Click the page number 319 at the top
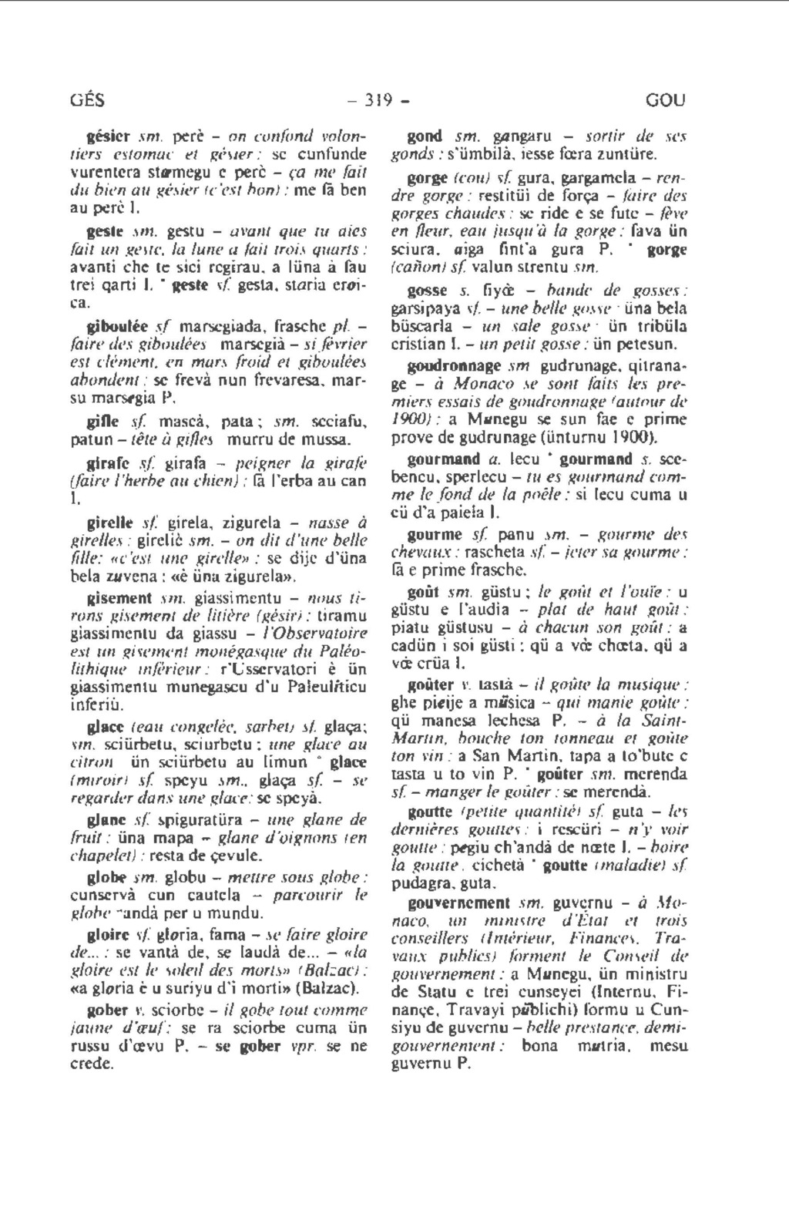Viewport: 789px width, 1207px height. tap(378, 100)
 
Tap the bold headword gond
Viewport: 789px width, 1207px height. tap(424, 136)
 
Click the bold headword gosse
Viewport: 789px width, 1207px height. tap(427, 291)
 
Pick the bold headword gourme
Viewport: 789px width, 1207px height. tap(435, 535)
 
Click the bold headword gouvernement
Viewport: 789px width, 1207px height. tap(458, 903)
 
